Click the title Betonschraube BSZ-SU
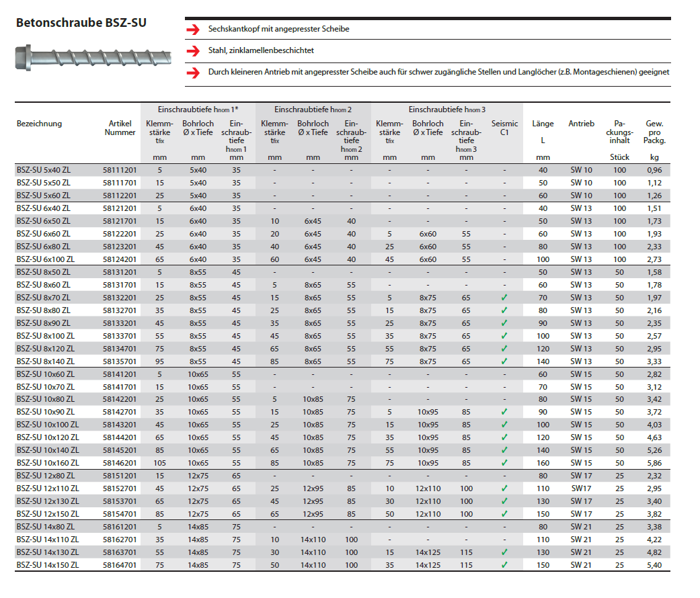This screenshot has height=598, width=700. (x=81, y=22)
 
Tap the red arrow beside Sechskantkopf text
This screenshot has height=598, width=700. (x=194, y=30)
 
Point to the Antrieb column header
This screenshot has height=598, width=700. (x=581, y=124)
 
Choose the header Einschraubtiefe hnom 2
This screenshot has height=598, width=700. (x=313, y=109)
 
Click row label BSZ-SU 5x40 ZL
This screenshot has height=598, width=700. (x=44, y=170)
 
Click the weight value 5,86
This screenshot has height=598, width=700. (x=654, y=463)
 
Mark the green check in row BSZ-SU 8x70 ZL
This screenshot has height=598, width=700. (x=504, y=297)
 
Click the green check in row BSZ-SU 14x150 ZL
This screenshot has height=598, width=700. (x=504, y=565)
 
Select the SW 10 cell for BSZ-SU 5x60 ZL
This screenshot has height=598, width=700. (x=581, y=196)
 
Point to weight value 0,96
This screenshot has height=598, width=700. (x=654, y=170)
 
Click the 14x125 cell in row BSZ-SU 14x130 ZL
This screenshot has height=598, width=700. (x=428, y=552)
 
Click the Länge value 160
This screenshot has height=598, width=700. (x=543, y=463)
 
